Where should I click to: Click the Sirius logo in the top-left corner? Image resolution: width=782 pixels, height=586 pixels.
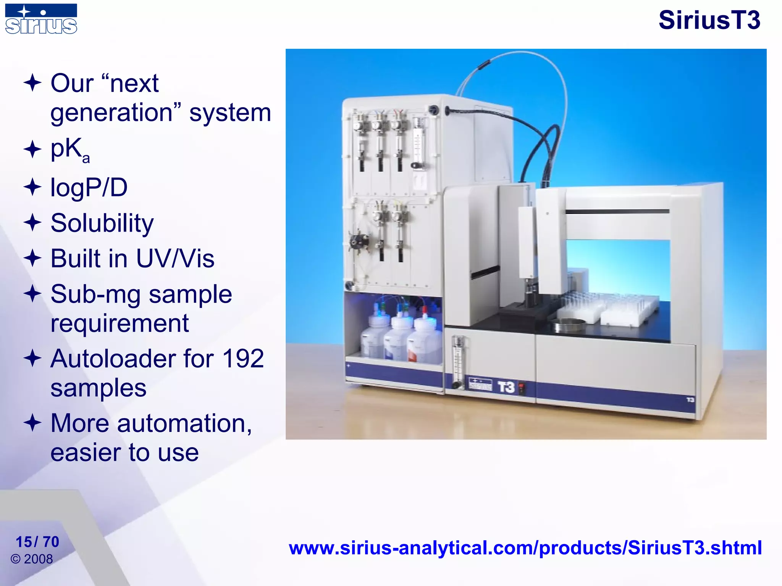click(41, 19)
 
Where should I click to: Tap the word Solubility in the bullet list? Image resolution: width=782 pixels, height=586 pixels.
click(102, 223)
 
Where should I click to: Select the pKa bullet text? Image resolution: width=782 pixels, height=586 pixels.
click(70, 150)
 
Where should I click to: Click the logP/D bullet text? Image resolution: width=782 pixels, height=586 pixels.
click(89, 188)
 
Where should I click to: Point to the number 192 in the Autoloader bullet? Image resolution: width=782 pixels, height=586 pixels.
click(243, 359)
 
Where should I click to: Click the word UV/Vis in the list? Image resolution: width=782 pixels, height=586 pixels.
click(175, 259)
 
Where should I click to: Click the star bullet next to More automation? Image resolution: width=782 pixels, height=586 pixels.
click(32, 423)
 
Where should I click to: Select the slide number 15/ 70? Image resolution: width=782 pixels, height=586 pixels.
click(37, 542)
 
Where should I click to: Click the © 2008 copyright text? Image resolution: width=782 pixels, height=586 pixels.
click(32, 559)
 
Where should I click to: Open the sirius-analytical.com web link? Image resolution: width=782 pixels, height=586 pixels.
click(525, 548)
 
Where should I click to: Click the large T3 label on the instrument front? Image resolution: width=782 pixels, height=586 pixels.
click(506, 387)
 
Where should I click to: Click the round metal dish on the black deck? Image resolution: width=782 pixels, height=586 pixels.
click(570, 325)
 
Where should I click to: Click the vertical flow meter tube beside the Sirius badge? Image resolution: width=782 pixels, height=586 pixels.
click(457, 361)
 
